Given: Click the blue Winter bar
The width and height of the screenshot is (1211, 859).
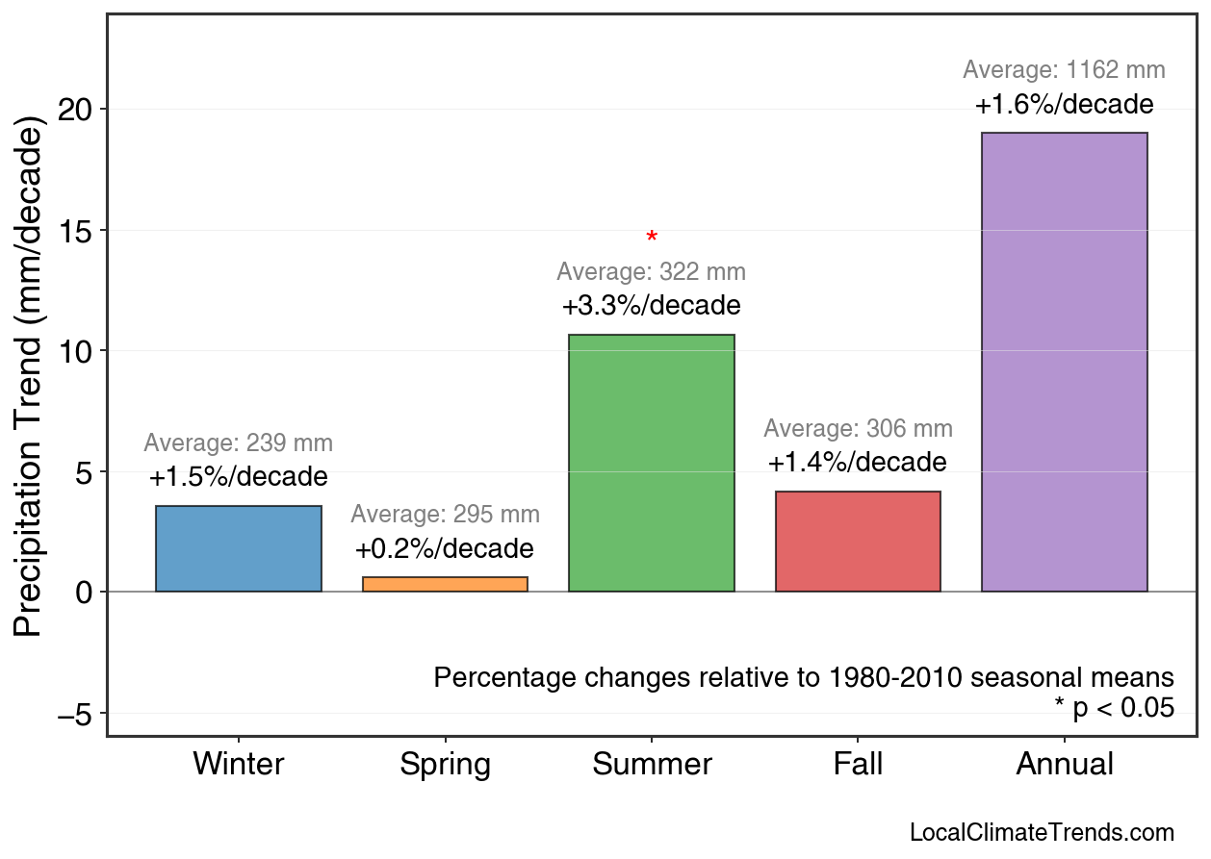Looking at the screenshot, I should tap(239, 549).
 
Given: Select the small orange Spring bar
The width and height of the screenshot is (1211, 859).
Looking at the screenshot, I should tap(445, 584).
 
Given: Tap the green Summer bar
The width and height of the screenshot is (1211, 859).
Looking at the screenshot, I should tap(652, 463).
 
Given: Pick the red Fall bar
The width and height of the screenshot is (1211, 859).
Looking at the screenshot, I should tap(858, 542).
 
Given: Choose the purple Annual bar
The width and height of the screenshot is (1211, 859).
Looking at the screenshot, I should tap(1064, 362).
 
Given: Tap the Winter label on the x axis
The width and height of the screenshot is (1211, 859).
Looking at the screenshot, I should tap(239, 765).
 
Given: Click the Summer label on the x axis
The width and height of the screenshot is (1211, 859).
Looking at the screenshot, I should tap(652, 765).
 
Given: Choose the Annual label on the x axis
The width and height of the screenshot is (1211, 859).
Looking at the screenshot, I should tap(1064, 765).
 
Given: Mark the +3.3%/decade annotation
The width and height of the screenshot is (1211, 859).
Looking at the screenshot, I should tap(652, 306).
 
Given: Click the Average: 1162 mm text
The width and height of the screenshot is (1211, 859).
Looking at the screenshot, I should tap(1064, 70).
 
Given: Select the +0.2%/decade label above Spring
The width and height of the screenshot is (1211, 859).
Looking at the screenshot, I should tap(445, 549).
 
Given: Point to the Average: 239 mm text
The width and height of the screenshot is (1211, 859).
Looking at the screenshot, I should tap(239, 443).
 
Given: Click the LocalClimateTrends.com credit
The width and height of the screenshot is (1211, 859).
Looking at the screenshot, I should tap(1042, 833).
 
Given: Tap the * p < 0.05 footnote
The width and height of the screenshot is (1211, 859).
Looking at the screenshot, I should tap(1114, 708).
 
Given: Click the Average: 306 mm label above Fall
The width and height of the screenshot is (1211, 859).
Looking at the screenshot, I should tap(858, 429).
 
